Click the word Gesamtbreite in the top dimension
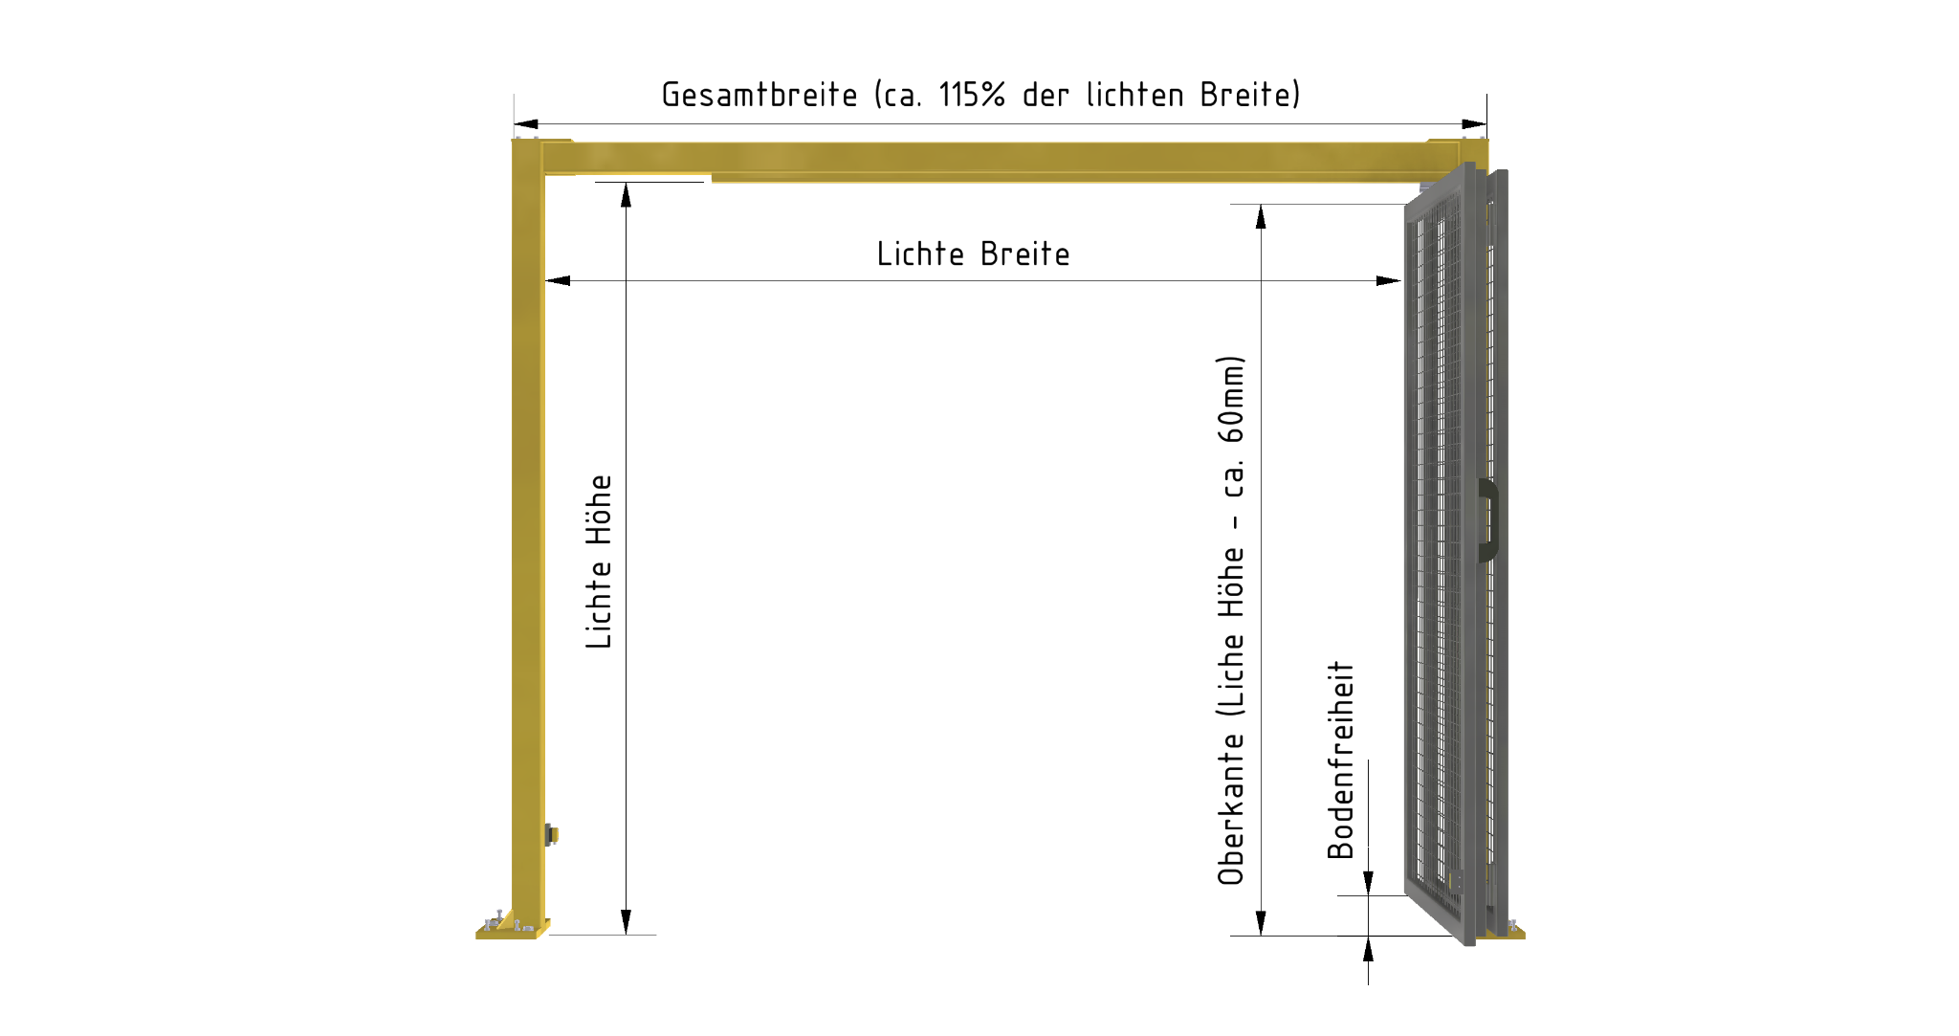point(759,95)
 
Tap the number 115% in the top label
point(972,95)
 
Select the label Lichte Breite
point(973,253)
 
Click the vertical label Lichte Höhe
point(599,562)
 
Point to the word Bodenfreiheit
point(1340,760)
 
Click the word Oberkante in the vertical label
point(1231,809)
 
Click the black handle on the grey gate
point(1488,520)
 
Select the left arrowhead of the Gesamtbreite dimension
point(526,123)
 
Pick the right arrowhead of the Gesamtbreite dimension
point(1474,123)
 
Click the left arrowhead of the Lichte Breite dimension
point(558,280)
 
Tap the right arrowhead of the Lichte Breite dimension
point(1389,280)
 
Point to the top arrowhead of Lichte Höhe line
point(626,194)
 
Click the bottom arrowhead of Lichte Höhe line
point(626,922)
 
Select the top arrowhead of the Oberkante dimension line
point(1261,217)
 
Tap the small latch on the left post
point(551,834)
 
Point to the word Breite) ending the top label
point(1250,95)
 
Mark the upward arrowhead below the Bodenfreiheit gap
point(1368,949)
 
